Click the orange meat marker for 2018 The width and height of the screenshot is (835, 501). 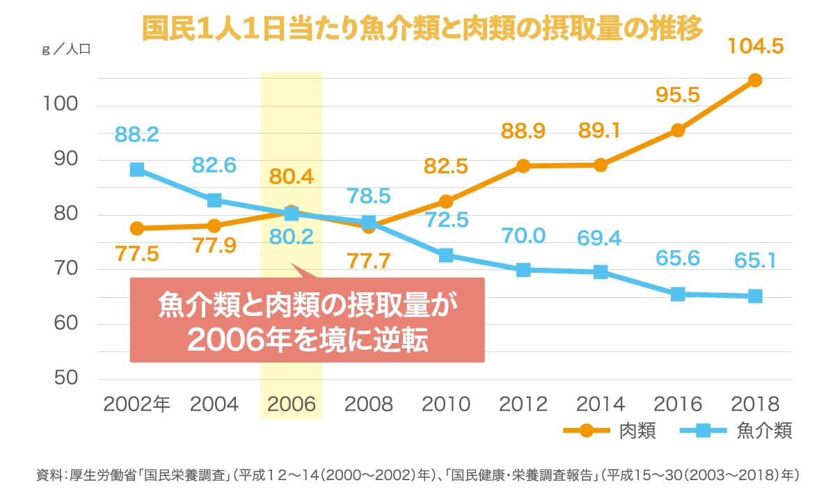point(755,80)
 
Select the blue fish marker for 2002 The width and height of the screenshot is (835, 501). point(137,170)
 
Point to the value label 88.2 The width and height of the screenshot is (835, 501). point(137,134)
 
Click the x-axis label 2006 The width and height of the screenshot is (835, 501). point(292,404)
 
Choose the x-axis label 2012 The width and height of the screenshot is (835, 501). point(523,404)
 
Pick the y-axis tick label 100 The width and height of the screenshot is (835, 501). point(60,105)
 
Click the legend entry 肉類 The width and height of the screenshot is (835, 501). point(637,431)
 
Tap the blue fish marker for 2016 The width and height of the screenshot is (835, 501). point(678,294)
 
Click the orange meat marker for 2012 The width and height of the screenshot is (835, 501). point(523,166)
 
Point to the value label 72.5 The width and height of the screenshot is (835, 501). point(446,221)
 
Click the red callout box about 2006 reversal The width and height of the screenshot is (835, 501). point(307,321)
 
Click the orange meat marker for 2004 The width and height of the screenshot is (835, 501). point(214,225)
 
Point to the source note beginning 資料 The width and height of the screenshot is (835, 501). point(417,476)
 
